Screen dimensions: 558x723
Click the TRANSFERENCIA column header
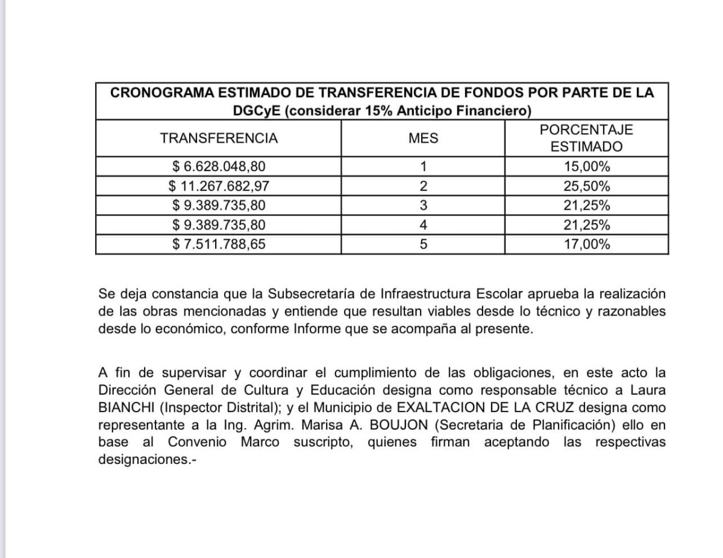[x=219, y=138]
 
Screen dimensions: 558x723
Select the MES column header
[x=424, y=138]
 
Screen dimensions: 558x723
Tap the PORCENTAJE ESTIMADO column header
[x=586, y=138]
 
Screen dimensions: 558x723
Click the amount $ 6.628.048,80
[x=219, y=166]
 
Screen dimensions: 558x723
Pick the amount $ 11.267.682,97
[x=219, y=186]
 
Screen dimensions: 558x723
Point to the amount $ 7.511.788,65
[x=219, y=244]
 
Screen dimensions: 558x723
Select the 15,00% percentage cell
[x=586, y=166]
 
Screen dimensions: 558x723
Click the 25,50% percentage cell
[x=586, y=186]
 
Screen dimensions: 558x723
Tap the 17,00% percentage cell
[x=586, y=244]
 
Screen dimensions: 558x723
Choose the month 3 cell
[x=424, y=205]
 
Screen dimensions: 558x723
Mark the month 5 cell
[x=424, y=244]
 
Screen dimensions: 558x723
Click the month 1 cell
[x=424, y=166]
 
